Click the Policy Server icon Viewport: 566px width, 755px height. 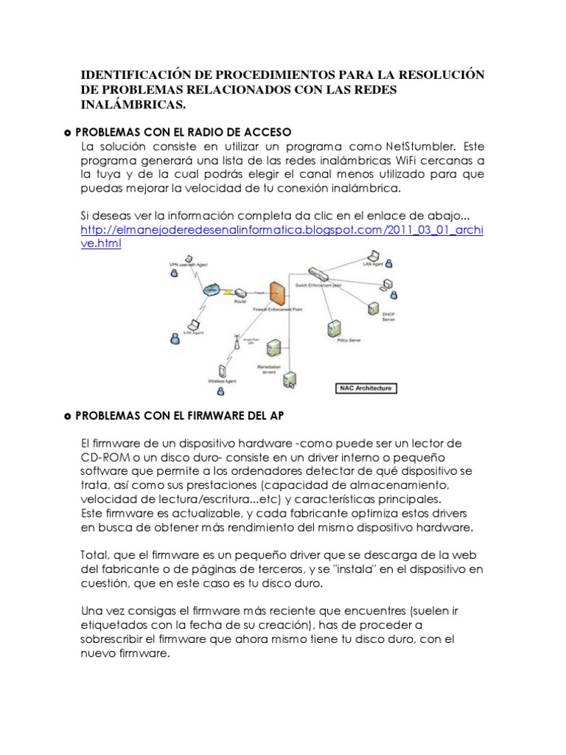click(335, 325)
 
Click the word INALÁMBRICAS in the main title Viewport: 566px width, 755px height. click(133, 105)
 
